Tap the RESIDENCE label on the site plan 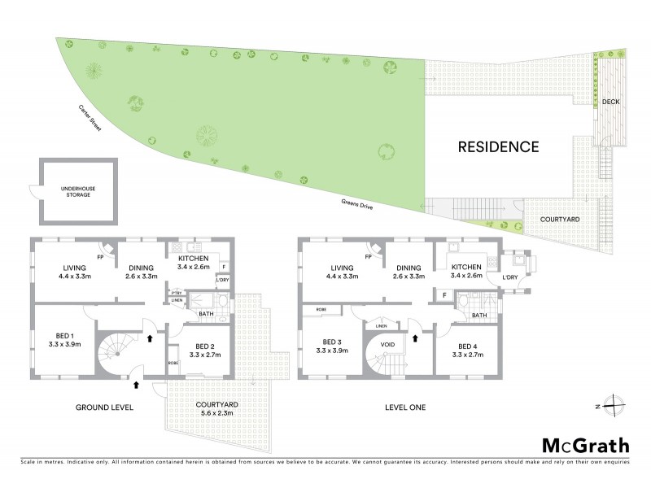(498, 147)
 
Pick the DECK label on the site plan (611, 102)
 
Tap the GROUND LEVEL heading (104, 407)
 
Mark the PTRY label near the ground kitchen (176, 292)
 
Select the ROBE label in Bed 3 (311, 311)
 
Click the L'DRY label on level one (510, 279)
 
